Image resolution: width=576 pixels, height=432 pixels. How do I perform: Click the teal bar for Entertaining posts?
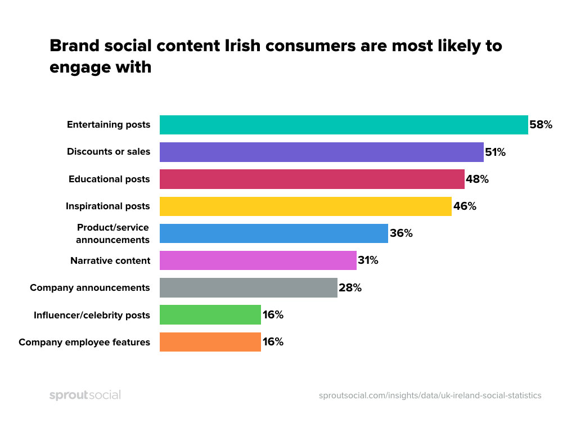tap(344, 125)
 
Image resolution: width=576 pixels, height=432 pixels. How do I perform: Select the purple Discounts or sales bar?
tap(321, 152)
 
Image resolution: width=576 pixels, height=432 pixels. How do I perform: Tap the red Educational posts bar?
tap(312, 179)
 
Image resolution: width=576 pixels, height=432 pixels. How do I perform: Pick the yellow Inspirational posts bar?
tap(305, 206)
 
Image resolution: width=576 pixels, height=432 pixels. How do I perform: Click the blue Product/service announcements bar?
tap(274, 233)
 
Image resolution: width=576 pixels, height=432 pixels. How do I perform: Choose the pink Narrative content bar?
tap(258, 260)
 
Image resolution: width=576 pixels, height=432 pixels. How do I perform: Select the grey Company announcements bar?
tap(248, 287)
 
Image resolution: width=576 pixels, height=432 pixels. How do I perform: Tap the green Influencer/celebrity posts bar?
tap(210, 314)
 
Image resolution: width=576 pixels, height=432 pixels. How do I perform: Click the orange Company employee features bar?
tap(210, 341)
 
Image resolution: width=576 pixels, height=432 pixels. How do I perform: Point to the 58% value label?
tap(541, 125)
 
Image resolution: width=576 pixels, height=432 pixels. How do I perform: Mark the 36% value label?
tap(401, 233)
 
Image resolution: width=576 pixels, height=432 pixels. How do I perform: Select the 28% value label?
tap(350, 287)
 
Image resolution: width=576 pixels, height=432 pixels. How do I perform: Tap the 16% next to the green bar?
tap(273, 314)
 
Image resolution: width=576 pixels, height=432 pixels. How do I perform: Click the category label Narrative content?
tap(110, 260)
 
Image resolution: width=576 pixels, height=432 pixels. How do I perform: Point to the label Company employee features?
tap(84, 342)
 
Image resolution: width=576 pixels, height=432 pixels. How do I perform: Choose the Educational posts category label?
tap(109, 179)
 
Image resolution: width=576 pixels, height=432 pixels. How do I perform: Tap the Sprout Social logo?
tap(85, 395)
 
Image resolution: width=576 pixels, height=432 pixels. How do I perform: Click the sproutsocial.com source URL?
tap(430, 395)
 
